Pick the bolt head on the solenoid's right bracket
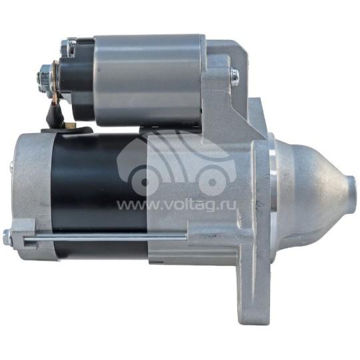coord(235,77)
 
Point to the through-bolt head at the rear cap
coord(7,237)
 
